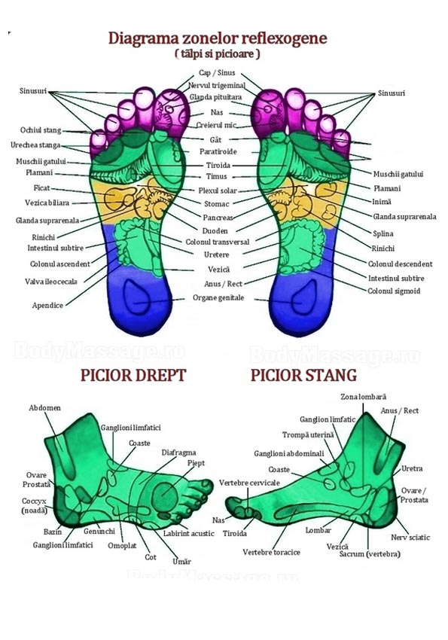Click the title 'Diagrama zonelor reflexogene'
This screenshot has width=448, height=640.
217,38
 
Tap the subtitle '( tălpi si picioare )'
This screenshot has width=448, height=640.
218,53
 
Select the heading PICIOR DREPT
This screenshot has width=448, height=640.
133,375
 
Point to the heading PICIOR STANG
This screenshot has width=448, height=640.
303,375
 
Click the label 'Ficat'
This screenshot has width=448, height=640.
41,187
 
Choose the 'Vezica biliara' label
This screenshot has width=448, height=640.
47,203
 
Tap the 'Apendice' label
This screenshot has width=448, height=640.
47,305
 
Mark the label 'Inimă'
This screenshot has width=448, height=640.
382,201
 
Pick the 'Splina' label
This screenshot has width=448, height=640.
383,233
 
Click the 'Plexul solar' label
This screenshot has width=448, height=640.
218,190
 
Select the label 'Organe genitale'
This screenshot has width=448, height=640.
218,297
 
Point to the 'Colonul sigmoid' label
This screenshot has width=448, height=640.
394,291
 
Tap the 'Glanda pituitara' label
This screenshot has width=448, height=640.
215,97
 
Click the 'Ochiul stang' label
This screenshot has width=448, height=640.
41,130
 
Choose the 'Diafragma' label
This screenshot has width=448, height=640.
178,453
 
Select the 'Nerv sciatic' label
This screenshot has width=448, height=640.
410,537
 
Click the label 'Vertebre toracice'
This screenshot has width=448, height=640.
271,552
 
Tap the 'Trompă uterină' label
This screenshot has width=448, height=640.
308,434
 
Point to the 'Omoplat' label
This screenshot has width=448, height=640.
122,546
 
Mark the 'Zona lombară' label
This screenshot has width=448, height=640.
364,397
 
